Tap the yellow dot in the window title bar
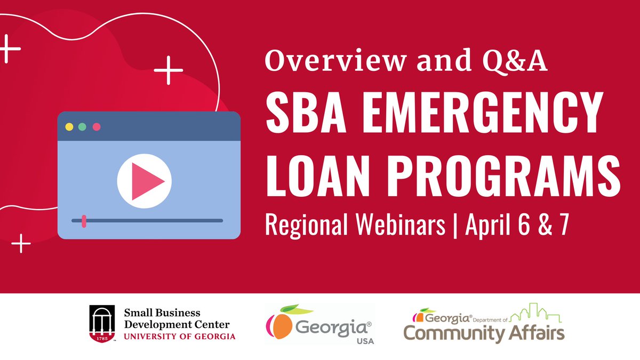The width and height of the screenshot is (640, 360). point(69,127)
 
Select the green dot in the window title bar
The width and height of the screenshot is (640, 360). point(82,127)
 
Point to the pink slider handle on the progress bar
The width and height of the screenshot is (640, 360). point(84,220)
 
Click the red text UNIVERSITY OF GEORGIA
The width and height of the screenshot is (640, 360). point(179,336)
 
